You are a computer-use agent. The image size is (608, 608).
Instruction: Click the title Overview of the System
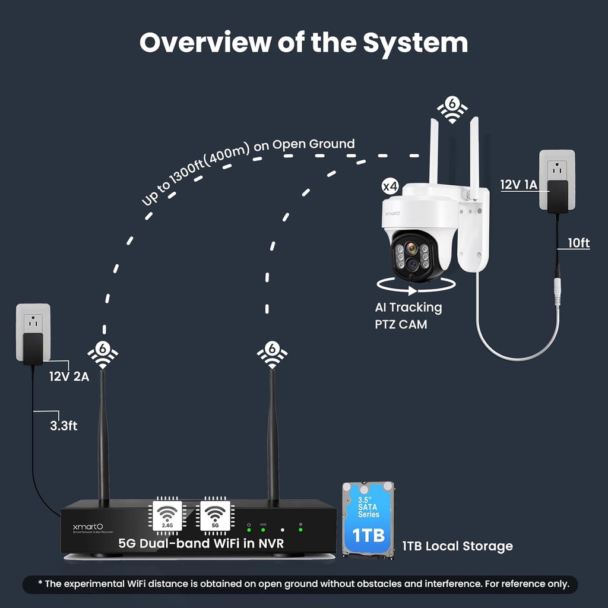(303, 42)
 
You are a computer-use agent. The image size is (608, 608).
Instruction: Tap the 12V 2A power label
(69, 376)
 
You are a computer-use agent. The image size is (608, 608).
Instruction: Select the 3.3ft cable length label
(64, 425)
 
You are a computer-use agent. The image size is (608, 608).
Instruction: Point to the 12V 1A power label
(518, 185)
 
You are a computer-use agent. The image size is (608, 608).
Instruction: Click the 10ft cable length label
(578, 243)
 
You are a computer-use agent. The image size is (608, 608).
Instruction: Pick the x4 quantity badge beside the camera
(389, 186)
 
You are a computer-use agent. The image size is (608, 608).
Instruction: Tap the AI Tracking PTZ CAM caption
(408, 315)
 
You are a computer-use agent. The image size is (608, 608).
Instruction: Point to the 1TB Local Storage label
(457, 546)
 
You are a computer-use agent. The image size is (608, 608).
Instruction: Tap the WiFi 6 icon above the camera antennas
(452, 109)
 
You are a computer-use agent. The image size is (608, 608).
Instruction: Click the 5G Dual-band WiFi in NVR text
(201, 543)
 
